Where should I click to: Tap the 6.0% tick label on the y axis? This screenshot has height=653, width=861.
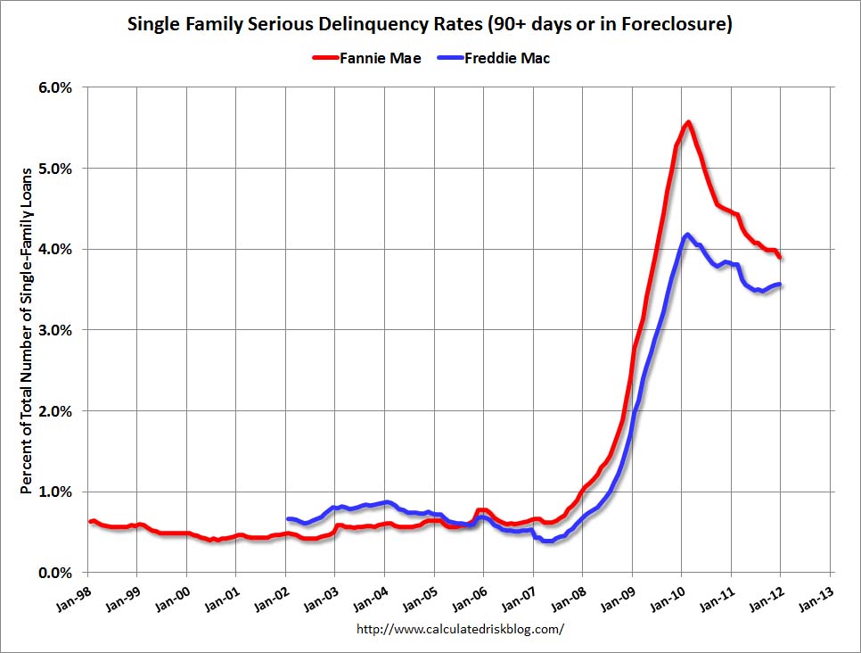click(x=55, y=87)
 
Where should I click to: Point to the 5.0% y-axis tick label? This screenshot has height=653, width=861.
click(x=55, y=169)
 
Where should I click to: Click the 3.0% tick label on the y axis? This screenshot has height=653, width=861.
click(x=55, y=330)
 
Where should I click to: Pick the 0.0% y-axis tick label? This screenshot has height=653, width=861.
click(x=55, y=573)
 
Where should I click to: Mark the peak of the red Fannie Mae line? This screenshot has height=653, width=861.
click(x=688, y=122)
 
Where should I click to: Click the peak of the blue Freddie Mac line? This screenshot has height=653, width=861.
click(x=686, y=235)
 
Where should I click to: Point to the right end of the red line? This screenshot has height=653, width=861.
click(x=781, y=257)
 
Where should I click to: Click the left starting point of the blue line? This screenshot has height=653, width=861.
click(x=288, y=518)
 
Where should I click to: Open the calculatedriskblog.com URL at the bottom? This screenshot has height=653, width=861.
click(x=460, y=629)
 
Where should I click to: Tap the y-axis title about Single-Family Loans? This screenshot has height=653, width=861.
click(x=27, y=330)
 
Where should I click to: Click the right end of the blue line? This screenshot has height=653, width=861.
click(x=781, y=285)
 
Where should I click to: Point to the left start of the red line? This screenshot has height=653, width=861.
click(x=90, y=521)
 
